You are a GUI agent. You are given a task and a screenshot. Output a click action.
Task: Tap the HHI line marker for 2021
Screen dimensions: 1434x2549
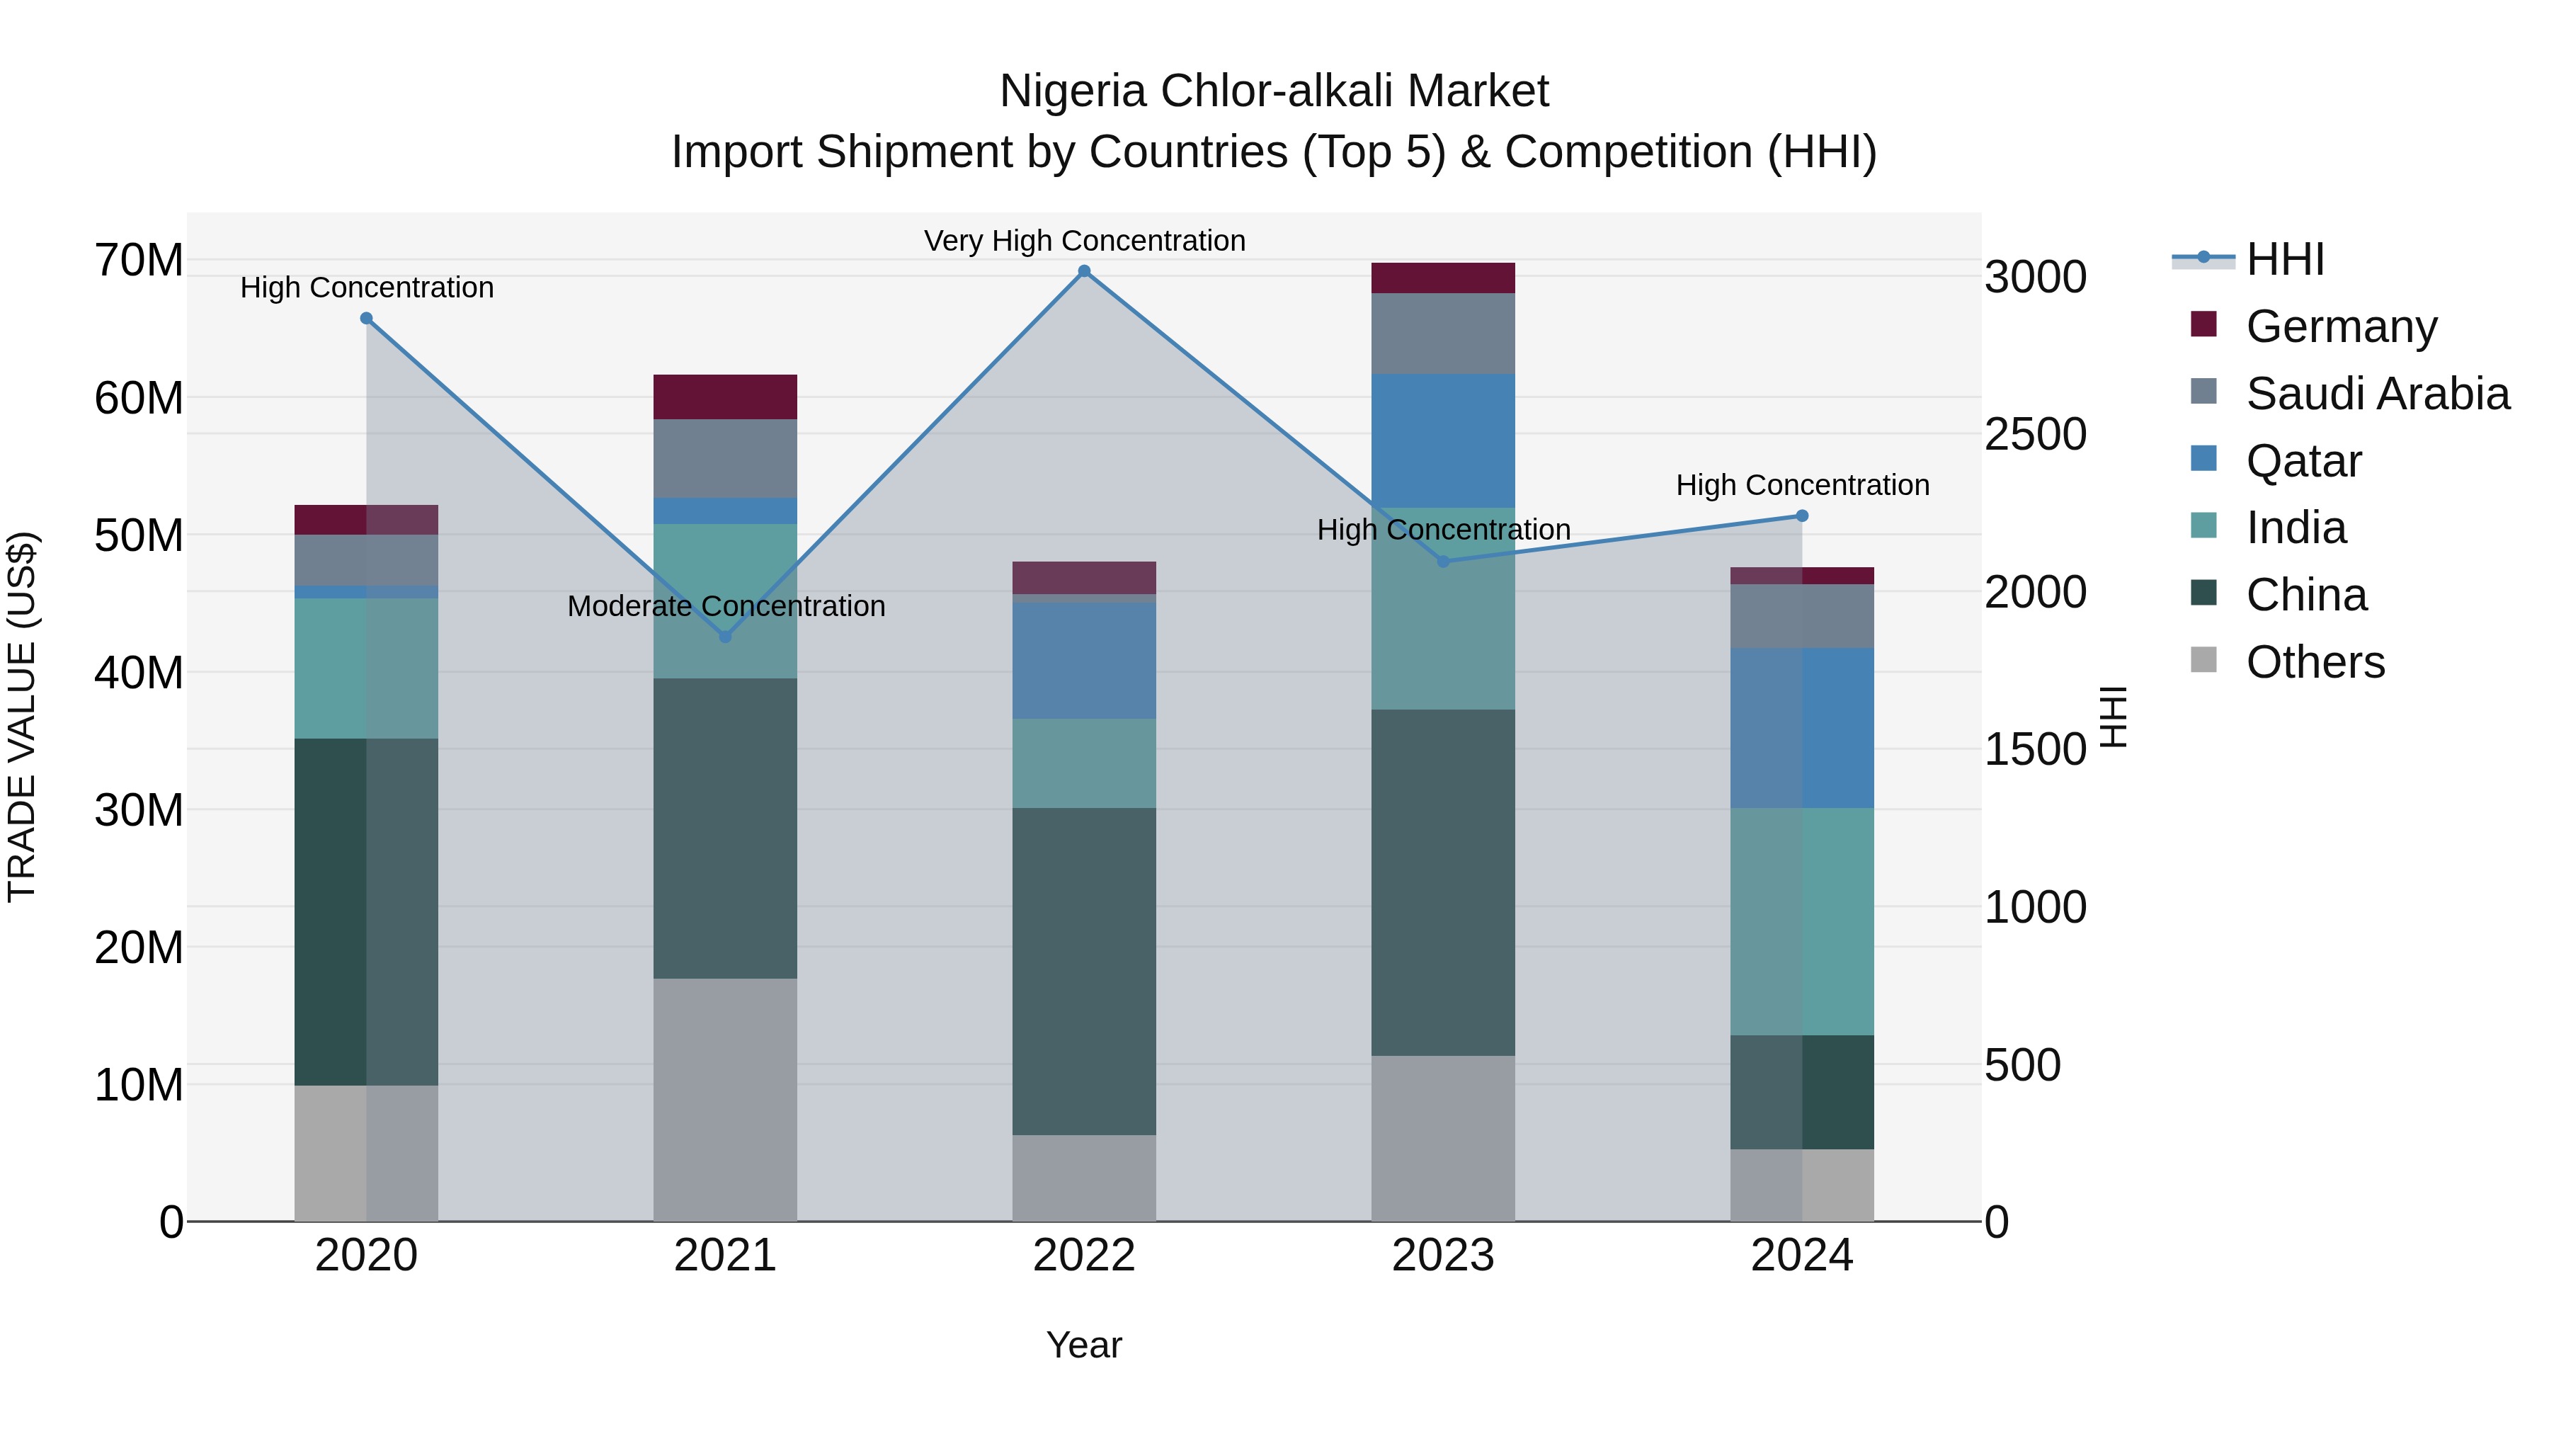pyautogui.click(x=725, y=637)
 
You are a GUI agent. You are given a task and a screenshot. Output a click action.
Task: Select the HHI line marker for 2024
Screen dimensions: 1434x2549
pyautogui.click(x=1802, y=516)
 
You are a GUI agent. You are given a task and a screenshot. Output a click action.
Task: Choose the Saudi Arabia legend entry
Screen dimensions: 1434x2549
pyautogui.click(x=2377, y=393)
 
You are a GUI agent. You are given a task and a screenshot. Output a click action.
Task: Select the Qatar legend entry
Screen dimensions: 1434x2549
pyautogui.click(x=2303, y=460)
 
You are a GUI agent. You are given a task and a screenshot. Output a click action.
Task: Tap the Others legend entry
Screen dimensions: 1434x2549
pyautogui.click(x=2315, y=661)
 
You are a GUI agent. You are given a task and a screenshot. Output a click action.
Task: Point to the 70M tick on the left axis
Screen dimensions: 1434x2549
pyautogui.click(x=139, y=261)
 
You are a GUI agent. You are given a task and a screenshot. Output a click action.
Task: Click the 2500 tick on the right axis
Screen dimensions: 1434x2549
pyautogui.click(x=2036, y=435)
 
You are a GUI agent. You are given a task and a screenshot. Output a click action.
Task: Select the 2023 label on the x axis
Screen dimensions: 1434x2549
pyautogui.click(x=1443, y=1256)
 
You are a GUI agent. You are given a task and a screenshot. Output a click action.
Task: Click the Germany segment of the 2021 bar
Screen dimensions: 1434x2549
pyautogui.click(x=725, y=397)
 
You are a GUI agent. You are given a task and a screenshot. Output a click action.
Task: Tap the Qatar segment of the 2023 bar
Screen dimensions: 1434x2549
pyautogui.click(x=1443, y=440)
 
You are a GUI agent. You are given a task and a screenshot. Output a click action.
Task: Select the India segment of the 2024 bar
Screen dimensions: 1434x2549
pyautogui.click(x=1802, y=921)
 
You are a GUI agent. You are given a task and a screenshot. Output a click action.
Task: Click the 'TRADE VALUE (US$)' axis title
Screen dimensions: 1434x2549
pyautogui.click(x=22, y=717)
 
